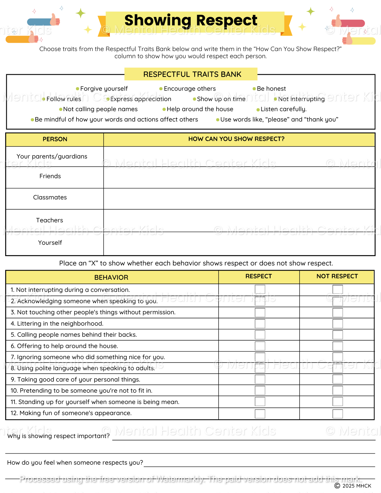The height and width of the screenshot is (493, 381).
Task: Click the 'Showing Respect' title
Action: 191,20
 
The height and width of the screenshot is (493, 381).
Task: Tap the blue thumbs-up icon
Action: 44,21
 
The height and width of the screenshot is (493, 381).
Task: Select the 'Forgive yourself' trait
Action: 104,89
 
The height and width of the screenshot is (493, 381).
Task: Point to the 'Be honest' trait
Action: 271,89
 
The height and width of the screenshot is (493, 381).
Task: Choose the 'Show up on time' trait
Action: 221,99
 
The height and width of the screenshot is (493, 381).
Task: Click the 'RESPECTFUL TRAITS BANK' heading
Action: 192,74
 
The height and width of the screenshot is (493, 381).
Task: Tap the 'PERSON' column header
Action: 55,139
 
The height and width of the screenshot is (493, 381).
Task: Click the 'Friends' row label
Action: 50,176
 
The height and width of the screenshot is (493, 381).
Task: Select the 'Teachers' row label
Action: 50,220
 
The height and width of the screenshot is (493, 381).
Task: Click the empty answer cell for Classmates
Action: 239,199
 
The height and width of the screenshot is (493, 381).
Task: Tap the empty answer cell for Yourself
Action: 239,243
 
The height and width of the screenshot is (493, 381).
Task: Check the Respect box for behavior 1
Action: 260,289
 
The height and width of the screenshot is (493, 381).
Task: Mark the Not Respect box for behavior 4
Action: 337,324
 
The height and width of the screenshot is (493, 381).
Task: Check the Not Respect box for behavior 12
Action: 337,414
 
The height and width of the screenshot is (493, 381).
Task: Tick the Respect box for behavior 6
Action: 260,346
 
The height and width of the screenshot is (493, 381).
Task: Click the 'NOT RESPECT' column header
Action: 337,276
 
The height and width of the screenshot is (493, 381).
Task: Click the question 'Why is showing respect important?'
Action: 58,436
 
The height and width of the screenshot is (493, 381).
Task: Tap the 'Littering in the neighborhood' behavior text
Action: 60,324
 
